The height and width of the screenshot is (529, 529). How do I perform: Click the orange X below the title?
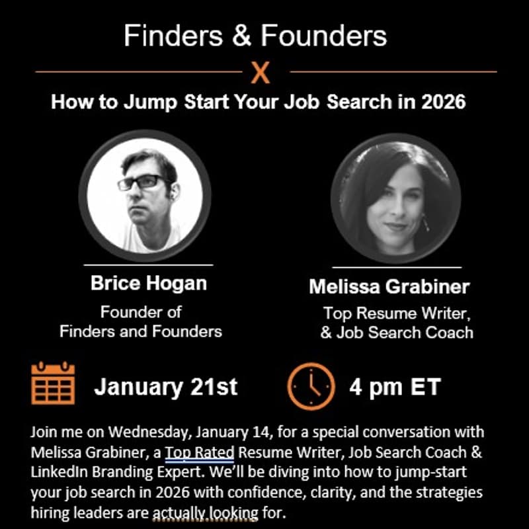coord(261,72)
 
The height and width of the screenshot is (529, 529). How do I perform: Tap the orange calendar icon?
coord(53,384)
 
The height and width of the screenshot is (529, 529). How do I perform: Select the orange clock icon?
coord(311,386)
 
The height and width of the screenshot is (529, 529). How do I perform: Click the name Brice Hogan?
coord(149,284)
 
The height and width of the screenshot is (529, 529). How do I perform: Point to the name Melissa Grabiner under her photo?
coord(389,287)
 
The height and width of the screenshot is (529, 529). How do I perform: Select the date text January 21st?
coord(165,387)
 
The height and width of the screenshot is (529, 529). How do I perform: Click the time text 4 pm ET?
coord(394,387)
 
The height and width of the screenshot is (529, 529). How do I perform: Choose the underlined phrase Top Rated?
coord(200,454)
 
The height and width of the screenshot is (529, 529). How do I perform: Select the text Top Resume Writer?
coord(396,313)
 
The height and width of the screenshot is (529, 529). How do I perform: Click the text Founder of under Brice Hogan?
coord(141,311)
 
